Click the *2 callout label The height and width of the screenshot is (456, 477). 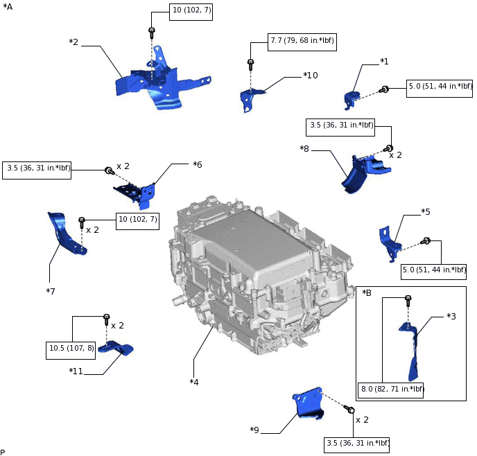point(73,42)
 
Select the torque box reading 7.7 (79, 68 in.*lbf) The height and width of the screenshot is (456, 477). point(302,41)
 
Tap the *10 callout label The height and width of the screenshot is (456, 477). point(311,75)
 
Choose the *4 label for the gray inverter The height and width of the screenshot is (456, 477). point(194,381)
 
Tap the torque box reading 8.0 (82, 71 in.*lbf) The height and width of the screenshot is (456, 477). point(391,389)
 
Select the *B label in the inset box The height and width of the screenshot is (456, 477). point(367,293)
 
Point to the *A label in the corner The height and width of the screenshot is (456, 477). point(8,6)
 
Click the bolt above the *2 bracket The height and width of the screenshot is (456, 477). point(151,30)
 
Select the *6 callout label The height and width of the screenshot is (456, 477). point(197,164)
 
